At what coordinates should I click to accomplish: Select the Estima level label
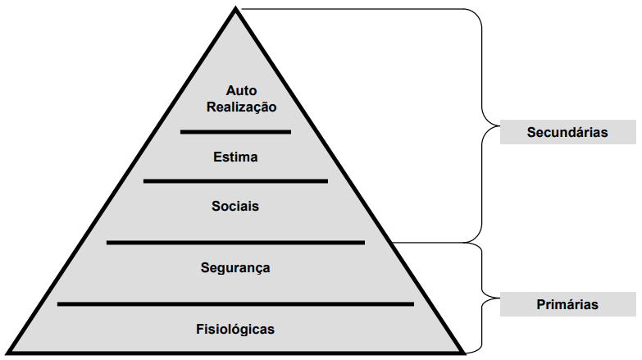coord(235,157)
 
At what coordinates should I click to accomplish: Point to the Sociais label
coord(235,206)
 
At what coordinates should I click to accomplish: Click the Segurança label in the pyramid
coord(235,267)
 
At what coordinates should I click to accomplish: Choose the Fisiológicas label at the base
coord(235,330)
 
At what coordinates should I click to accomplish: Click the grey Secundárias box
coord(567,131)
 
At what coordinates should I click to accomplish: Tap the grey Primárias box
coord(567,304)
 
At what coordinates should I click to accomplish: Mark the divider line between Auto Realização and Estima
coord(235,131)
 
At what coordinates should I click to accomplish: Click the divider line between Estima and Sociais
coord(235,181)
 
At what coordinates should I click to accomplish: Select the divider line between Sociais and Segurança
coord(235,242)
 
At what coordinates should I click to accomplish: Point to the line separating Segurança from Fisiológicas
coord(235,304)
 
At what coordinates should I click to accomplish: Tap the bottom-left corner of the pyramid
coord(8,353)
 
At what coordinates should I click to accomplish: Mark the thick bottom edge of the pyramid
coord(236,353)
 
